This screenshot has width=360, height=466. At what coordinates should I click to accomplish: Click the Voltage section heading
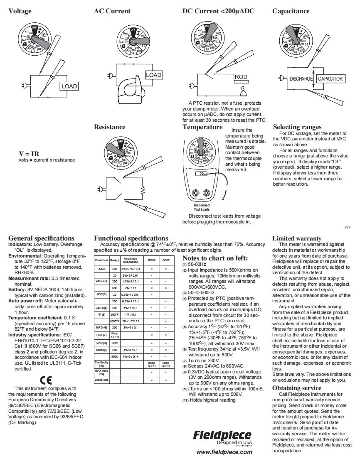click(x=20, y=11)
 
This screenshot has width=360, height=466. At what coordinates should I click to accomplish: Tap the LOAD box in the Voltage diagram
click(x=69, y=86)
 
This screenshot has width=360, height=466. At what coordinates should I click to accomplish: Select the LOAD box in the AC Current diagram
click(x=153, y=75)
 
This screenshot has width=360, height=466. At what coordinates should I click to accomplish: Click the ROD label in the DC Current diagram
click(x=241, y=77)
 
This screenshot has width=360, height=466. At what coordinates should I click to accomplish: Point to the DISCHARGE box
click(x=301, y=78)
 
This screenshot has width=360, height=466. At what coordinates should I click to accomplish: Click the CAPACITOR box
click(x=330, y=78)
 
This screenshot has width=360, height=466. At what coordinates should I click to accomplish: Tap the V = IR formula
click(x=29, y=154)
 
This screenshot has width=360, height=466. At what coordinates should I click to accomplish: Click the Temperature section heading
click(x=202, y=127)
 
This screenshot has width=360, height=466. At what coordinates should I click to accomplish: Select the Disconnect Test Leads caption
click(x=202, y=207)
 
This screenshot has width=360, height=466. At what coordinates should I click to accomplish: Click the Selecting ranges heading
click(x=297, y=127)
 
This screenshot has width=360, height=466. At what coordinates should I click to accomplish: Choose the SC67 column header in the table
click(x=166, y=260)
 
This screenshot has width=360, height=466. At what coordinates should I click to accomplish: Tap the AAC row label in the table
click(x=101, y=269)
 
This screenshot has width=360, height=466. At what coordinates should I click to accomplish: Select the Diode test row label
click(x=101, y=380)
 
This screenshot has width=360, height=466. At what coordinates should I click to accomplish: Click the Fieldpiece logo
click(x=222, y=435)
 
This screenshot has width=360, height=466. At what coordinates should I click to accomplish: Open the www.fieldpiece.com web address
click(x=224, y=452)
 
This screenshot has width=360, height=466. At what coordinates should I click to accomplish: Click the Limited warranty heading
click(x=296, y=238)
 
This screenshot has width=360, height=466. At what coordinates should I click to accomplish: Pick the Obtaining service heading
click(x=296, y=388)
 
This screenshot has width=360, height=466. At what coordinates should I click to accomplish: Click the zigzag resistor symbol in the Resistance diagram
click(x=143, y=190)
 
